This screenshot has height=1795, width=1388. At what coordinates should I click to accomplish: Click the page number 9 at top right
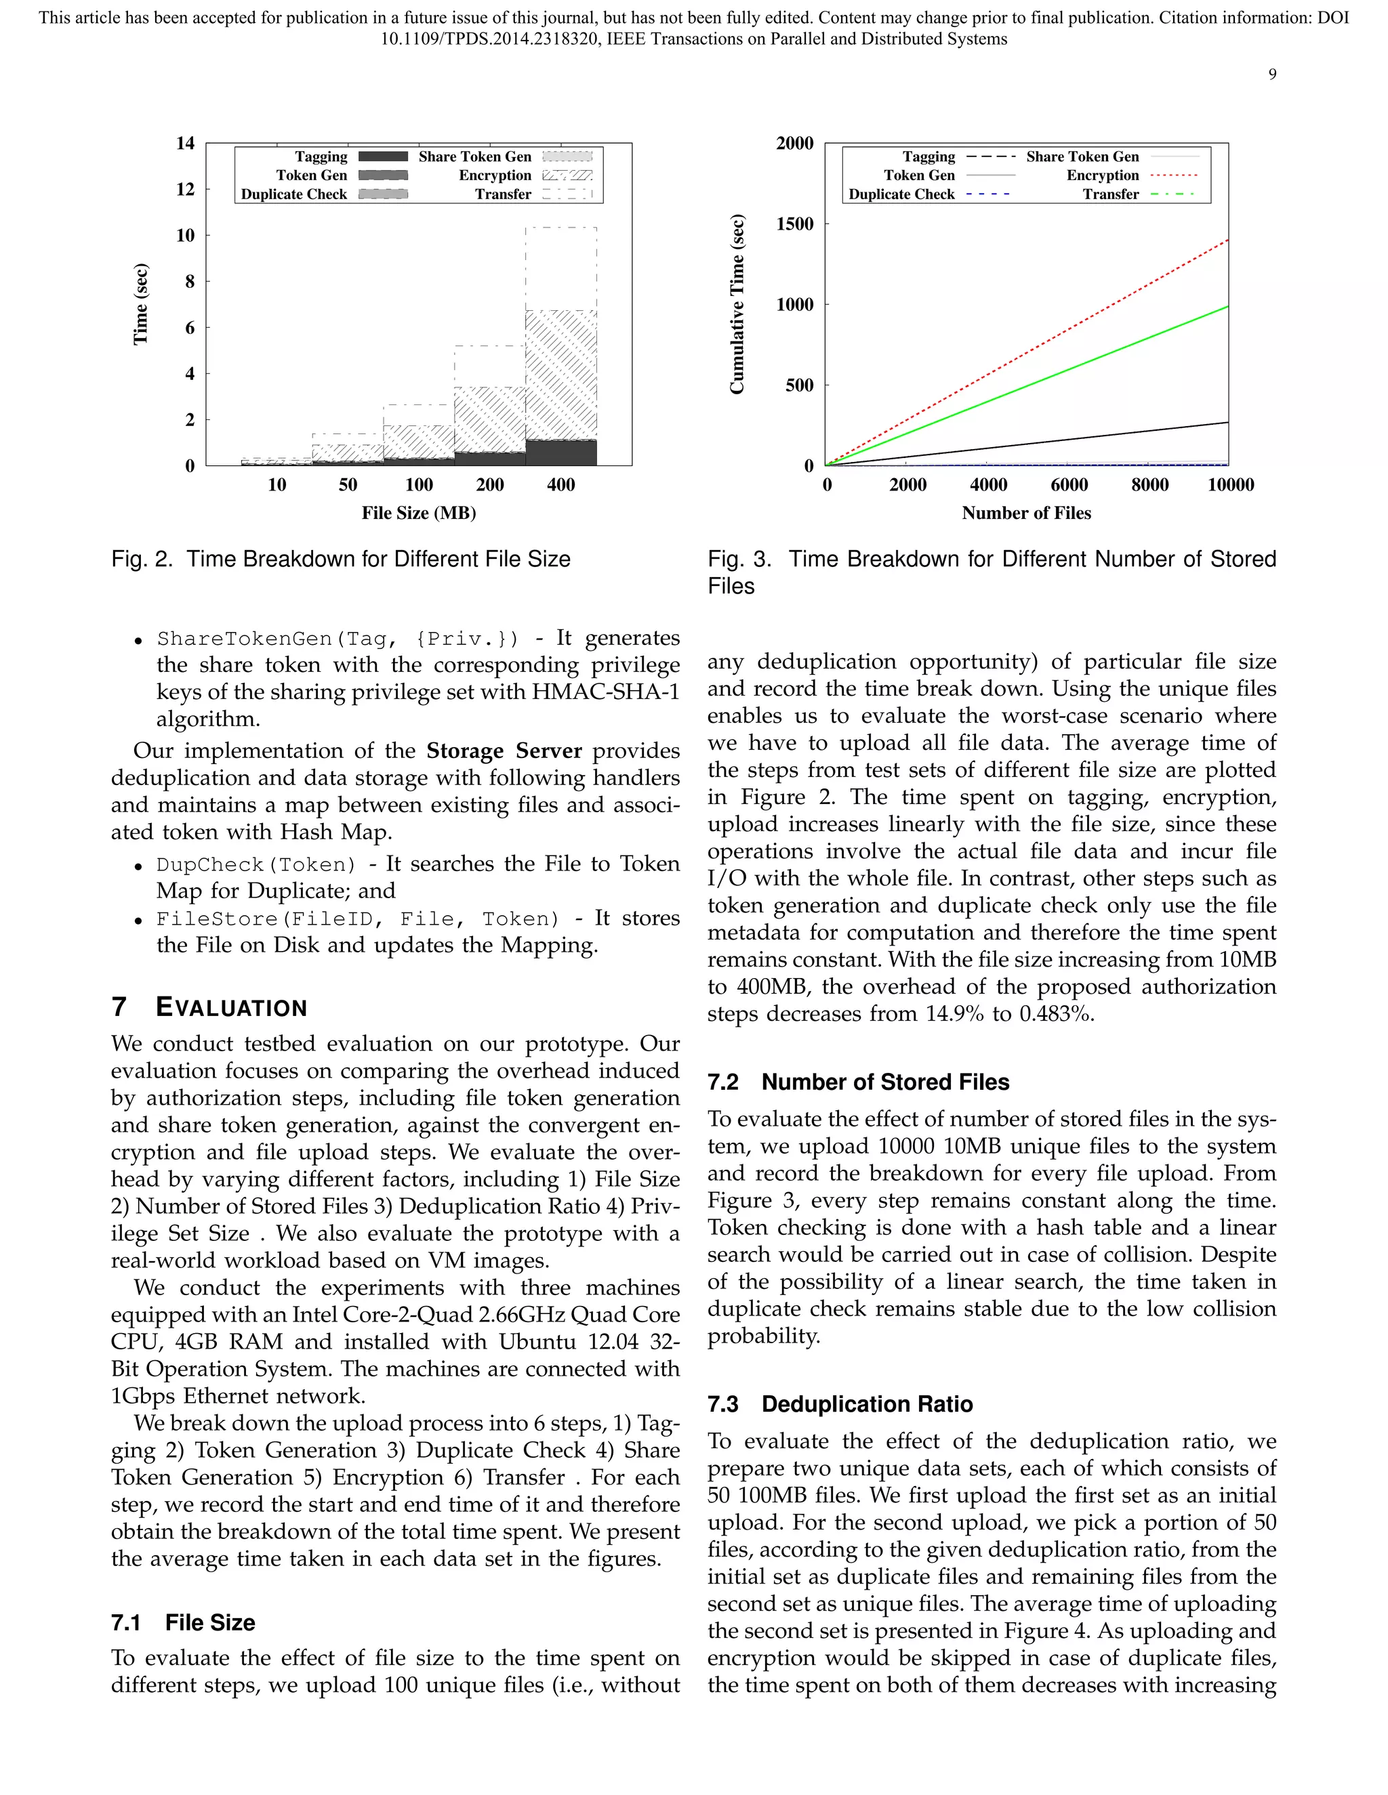click(x=1272, y=75)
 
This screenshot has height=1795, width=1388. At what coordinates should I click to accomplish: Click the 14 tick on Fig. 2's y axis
click(x=185, y=143)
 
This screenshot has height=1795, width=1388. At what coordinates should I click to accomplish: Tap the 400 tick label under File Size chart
click(x=560, y=485)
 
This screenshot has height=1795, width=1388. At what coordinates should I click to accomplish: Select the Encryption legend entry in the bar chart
click(x=495, y=175)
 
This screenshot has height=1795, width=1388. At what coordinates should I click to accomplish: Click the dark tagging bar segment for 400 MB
click(x=560, y=453)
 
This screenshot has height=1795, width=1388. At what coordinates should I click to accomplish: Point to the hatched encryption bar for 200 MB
click(x=489, y=419)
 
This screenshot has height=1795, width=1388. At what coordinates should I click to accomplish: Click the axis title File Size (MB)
click(x=419, y=513)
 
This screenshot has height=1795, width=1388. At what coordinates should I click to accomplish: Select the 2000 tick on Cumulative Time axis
click(x=794, y=143)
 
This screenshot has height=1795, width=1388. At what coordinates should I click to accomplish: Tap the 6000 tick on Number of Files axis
click(x=1068, y=485)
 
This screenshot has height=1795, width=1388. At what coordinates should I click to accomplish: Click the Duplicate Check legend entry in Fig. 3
click(x=901, y=194)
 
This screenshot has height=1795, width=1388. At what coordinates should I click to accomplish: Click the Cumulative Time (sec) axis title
click(x=737, y=304)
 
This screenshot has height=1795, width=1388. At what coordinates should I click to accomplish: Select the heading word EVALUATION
click(x=231, y=1008)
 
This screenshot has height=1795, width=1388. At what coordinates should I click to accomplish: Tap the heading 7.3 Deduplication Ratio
click(x=840, y=1403)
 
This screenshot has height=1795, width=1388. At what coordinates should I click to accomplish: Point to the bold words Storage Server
click(x=504, y=751)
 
